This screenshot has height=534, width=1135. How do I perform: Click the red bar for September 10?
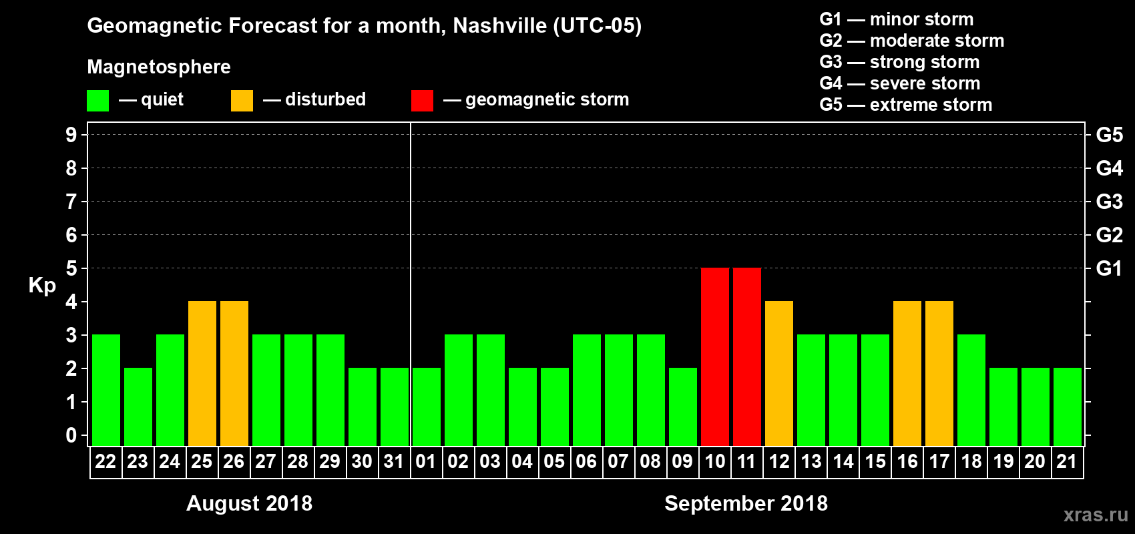click(x=714, y=356)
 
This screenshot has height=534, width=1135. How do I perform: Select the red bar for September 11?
click(x=746, y=356)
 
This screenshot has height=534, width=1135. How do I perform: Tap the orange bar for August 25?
click(x=202, y=373)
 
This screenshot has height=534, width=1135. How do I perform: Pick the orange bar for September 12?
click(x=778, y=373)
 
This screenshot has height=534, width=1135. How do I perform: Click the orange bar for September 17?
click(x=939, y=373)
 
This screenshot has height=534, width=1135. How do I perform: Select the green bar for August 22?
click(x=105, y=390)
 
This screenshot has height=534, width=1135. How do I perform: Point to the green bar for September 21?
click(x=1067, y=407)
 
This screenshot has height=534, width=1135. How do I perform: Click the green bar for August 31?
click(x=394, y=407)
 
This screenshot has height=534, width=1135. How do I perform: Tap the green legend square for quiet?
click(x=97, y=101)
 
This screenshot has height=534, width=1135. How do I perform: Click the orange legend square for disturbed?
click(x=242, y=101)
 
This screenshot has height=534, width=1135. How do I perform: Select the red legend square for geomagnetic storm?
click(x=422, y=101)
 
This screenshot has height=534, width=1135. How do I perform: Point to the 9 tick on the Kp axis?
click(x=71, y=135)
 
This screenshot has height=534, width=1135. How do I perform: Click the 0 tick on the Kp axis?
click(x=71, y=435)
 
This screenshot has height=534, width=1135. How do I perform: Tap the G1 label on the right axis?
click(x=1109, y=268)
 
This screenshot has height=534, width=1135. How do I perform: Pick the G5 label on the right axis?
click(x=1109, y=135)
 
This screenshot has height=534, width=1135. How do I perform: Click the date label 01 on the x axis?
click(x=426, y=461)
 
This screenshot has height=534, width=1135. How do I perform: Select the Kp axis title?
click(x=42, y=286)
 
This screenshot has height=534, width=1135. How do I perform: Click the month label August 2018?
click(x=249, y=503)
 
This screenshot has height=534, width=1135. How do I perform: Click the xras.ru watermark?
click(x=1096, y=515)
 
